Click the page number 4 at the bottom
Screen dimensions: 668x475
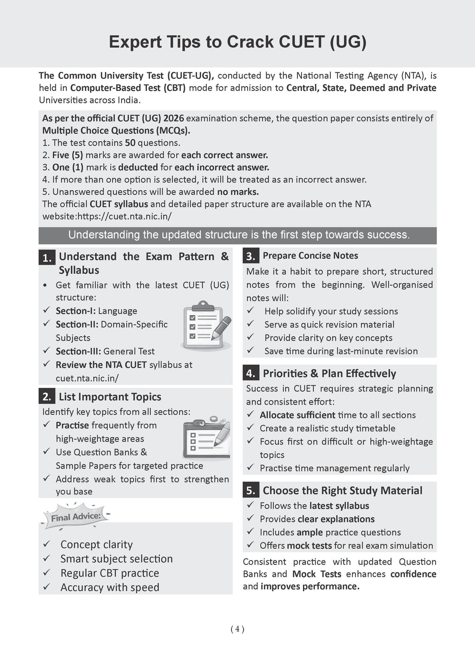[x=237, y=629]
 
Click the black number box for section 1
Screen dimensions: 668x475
[x=47, y=257]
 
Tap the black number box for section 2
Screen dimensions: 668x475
[x=47, y=397]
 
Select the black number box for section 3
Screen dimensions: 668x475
[x=251, y=256]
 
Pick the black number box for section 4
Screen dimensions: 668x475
[x=251, y=373]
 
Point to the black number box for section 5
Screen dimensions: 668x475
[x=251, y=490]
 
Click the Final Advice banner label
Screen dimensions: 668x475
[x=76, y=517]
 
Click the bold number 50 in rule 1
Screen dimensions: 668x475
[x=130, y=143]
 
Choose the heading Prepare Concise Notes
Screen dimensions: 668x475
[x=310, y=256]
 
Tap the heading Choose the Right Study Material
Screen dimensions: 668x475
[x=342, y=490]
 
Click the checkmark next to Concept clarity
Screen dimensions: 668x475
[x=46, y=544]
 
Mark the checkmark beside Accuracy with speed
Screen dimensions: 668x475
[x=46, y=587]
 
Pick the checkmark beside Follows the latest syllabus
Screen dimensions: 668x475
[x=250, y=505]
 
